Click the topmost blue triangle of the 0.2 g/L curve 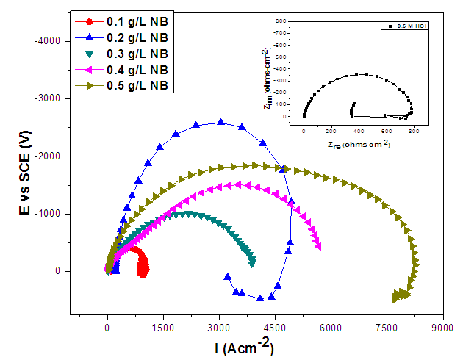point(220,122)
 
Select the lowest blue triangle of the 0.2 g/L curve point(259,298)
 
